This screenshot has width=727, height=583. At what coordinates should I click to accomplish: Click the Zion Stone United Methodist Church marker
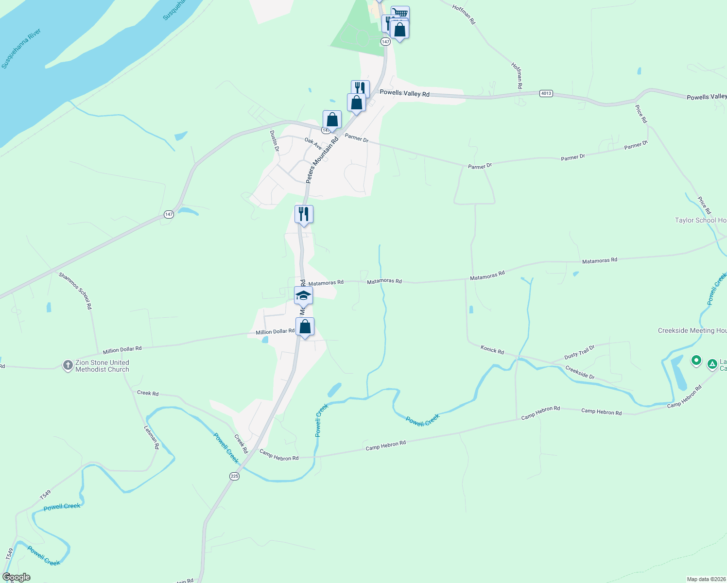click(x=68, y=365)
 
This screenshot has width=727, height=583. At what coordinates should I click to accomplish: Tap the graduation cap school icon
click(x=303, y=295)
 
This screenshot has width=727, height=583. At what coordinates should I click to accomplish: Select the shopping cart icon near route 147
click(x=400, y=13)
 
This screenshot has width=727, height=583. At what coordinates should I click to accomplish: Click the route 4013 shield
click(x=546, y=93)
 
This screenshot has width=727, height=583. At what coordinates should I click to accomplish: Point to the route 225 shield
click(x=235, y=476)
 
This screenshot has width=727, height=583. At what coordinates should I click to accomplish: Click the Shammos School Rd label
click(x=75, y=291)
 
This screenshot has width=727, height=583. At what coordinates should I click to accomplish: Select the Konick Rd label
click(x=492, y=349)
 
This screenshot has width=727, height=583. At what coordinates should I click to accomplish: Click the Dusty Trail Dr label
click(x=579, y=353)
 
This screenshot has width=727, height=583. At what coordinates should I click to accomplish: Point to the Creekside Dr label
click(x=580, y=373)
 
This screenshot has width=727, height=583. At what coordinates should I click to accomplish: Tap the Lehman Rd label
click(x=152, y=437)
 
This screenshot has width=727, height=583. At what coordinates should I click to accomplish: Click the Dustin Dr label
click(x=275, y=140)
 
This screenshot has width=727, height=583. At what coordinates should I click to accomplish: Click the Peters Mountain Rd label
click(x=322, y=160)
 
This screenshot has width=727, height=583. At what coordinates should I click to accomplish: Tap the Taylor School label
click(x=700, y=220)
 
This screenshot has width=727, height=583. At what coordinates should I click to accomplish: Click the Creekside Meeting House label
click(x=692, y=330)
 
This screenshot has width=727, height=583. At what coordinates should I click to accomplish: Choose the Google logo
click(x=17, y=577)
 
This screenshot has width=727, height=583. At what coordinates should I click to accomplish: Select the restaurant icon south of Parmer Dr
click(x=304, y=214)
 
